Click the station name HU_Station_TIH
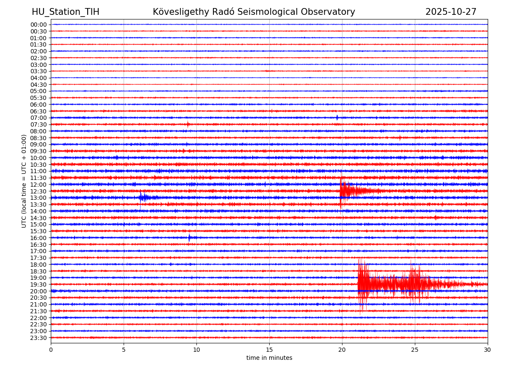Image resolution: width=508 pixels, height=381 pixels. pyautogui.click(x=66, y=12)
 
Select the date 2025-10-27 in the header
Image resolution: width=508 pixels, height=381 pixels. pyautogui.click(x=451, y=12)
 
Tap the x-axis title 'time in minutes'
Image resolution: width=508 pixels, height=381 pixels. pyautogui.click(x=269, y=358)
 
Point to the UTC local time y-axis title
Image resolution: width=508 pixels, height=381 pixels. pyautogui.click(x=24, y=181)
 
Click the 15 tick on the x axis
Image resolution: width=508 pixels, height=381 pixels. pyautogui.click(x=269, y=350)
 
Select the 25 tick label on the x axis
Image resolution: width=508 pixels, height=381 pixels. pyautogui.click(x=415, y=350)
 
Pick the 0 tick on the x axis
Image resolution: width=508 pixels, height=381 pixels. pyautogui.click(x=51, y=350)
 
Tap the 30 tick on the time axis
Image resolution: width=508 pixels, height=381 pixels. pyautogui.click(x=488, y=350)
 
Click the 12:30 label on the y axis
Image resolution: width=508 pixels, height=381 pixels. pyautogui.click(x=38, y=191)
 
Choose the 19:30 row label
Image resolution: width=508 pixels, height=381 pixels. pyautogui.click(x=38, y=284)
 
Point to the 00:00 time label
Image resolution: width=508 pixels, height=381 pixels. pyautogui.click(x=38, y=25)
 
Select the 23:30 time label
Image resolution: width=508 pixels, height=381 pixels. pyautogui.click(x=38, y=338)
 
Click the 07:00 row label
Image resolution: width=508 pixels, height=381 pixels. pyautogui.click(x=38, y=118)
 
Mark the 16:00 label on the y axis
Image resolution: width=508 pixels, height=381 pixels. pyautogui.click(x=38, y=238)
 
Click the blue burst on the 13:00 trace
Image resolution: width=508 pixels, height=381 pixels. pyautogui.click(x=143, y=197)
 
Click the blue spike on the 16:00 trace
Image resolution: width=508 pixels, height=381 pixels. pyautogui.click(x=189, y=237)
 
